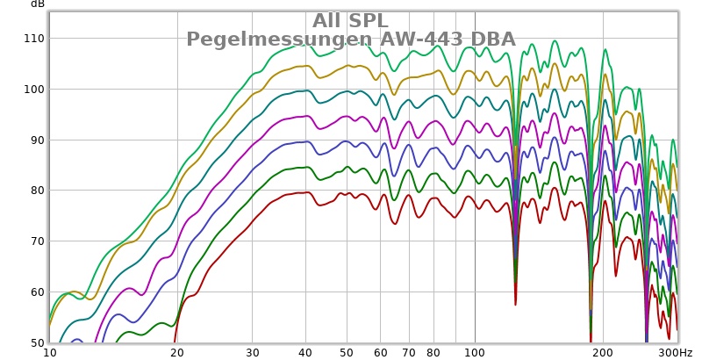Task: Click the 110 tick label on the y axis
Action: (x=32, y=39)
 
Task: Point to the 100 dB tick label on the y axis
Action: (x=32, y=90)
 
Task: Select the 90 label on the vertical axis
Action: (x=35, y=140)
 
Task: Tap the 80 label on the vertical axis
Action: (x=35, y=191)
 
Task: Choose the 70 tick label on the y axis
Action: (x=35, y=241)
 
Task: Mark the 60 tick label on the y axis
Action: (x=35, y=292)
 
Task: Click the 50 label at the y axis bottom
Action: (x=35, y=342)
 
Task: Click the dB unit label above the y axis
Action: (x=37, y=4)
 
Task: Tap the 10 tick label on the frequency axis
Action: (x=51, y=352)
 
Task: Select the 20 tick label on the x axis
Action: (x=177, y=352)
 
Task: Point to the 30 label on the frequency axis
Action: (x=252, y=352)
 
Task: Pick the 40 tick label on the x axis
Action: (x=305, y=352)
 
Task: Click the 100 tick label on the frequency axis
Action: (x=474, y=352)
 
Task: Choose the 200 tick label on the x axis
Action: (x=602, y=352)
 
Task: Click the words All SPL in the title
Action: (x=351, y=21)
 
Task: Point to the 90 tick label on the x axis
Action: (x=454, y=352)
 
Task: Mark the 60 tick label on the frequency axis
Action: (x=380, y=352)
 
